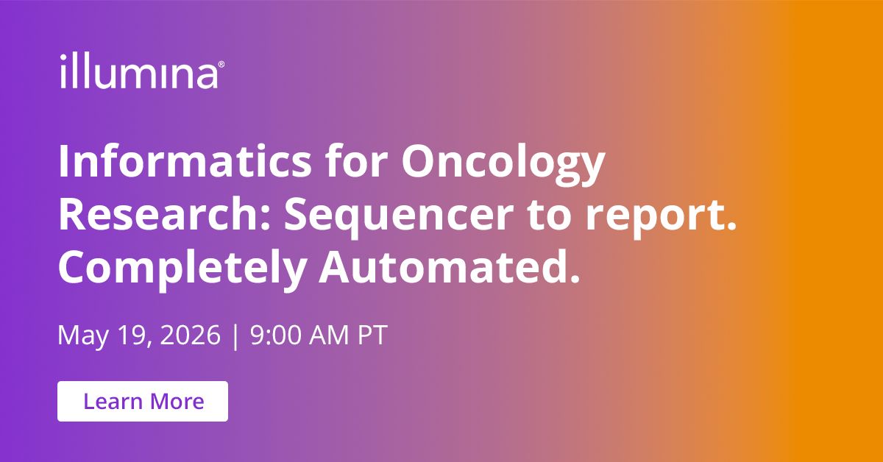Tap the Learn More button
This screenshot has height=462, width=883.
pyautogui.click(x=143, y=402)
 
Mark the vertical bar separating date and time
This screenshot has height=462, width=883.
pyautogui.click(x=235, y=335)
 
